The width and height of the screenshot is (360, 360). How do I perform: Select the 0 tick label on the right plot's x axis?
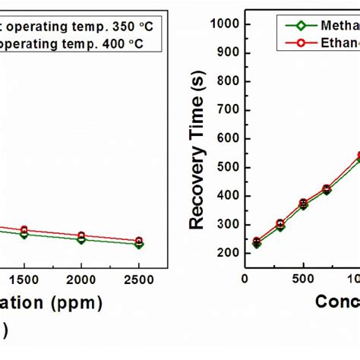(x=245, y=279)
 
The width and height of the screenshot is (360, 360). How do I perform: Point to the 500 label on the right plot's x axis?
(x=303, y=279)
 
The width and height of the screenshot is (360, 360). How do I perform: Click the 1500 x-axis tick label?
(x=24, y=279)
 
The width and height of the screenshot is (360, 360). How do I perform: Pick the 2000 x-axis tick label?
(x=82, y=279)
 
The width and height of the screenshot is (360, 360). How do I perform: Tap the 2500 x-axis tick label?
(x=139, y=279)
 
